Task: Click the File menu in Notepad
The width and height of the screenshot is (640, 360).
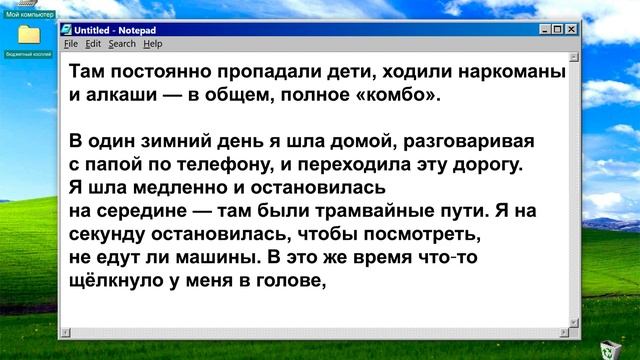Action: [x=70, y=44]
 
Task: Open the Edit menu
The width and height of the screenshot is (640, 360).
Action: [x=92, y=44]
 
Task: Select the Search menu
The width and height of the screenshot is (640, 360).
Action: [x=122, y=44]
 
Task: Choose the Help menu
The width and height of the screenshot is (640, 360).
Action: [x=152, y=44]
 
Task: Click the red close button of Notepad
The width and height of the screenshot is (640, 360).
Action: [x=570, y=30]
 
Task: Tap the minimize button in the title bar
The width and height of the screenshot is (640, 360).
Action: [x=538, y=30]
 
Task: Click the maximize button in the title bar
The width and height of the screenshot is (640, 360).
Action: [x=554, y=30]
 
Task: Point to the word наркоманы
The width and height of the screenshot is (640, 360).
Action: [x=507, y=75]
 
